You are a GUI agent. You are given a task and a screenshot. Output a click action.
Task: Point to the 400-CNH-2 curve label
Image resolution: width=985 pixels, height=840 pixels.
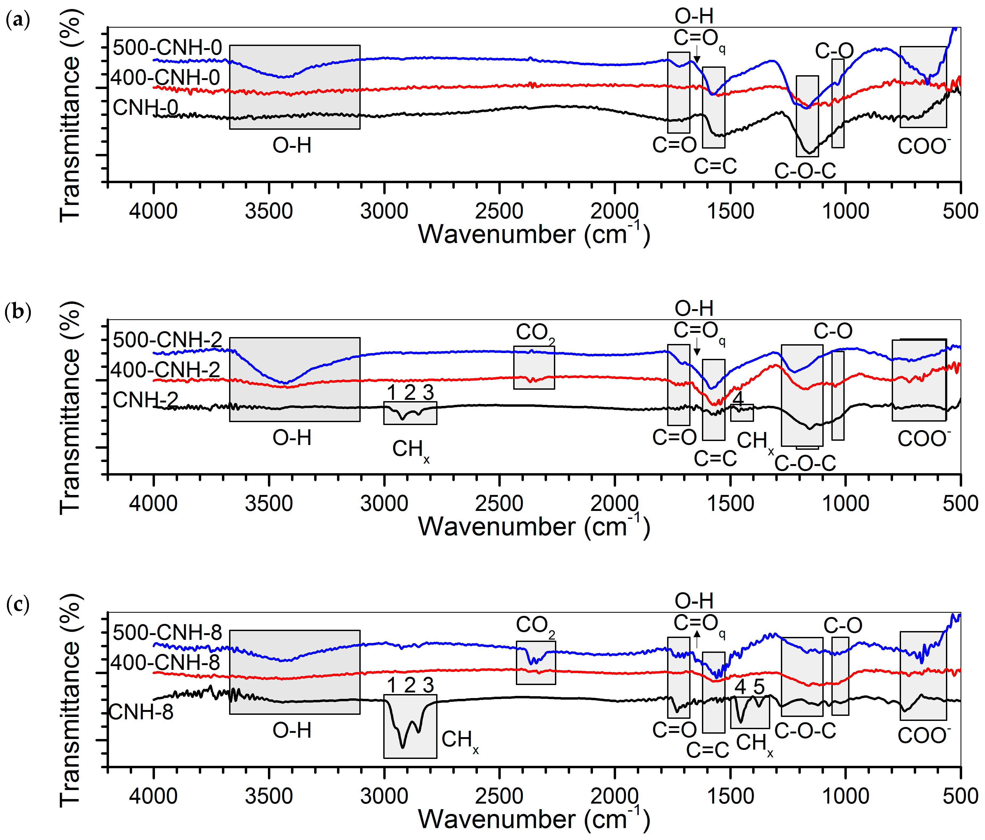165,370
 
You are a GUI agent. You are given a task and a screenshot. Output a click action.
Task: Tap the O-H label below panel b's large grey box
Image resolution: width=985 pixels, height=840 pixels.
292,437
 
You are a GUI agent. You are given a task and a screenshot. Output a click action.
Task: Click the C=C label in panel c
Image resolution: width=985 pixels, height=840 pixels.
707,750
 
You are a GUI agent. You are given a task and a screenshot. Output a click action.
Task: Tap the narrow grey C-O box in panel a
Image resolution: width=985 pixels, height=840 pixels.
838,103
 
